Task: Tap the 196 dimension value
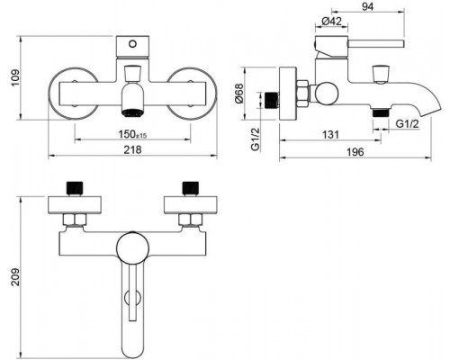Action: click(x=356, y=154)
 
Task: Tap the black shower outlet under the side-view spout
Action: click(x=381, y=113)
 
